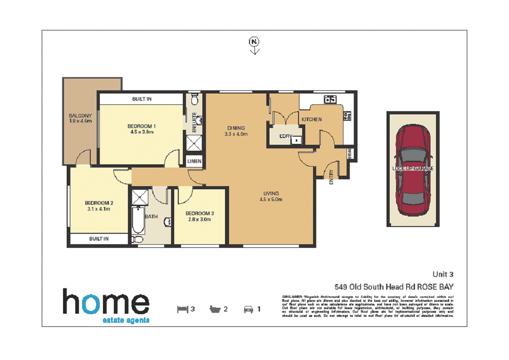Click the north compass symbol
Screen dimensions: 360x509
pyautogui.click(x=254, y=42)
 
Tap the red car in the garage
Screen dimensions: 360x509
pyautogui.click(x=412, y=170)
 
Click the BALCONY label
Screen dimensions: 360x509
pyautogui.click(x=80, y=116)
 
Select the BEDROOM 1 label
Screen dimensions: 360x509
pyautogui.click(x=142, y=126)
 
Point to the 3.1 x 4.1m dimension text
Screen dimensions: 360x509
pyautogui.click(x=98, y=209)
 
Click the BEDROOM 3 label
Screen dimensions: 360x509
pyautogui.click(x=200, y=213)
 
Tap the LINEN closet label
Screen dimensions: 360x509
pyautogui.click(x=194, y=162)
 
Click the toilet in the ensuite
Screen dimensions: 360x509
pyautogui.click(x=194, y=99)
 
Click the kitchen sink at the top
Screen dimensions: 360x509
pyautogui.click(x=329, y=99)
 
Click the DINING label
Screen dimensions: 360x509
pyautogui.click(x=236, y=128)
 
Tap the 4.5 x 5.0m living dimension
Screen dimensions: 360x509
pyautogui.click(x=271, y=199)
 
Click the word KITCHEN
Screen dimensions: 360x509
pyautogui.click(x=312, y=119)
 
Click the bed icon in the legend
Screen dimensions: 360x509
pyautogui.click(x=182, y=310)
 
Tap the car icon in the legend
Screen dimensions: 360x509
pyautogui.click(x=248, y=310)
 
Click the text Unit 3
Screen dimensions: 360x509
pyautogui.click(x=443, y=274)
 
